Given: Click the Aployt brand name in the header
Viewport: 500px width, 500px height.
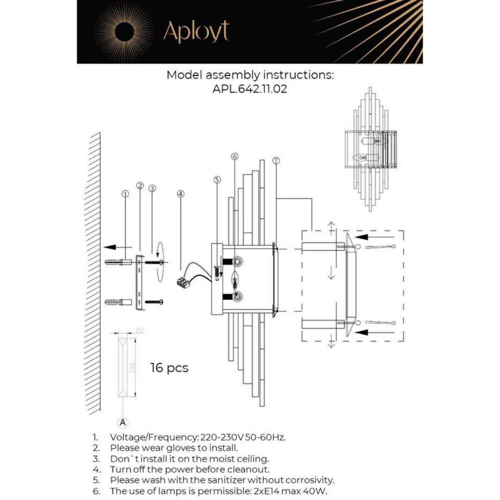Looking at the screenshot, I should tap(196, 32).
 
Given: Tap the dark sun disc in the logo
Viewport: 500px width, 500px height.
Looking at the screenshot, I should tap(124, 32).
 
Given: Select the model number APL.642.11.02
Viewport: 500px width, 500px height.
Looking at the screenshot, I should tap(250, 89).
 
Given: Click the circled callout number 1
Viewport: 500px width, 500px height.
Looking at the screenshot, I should tap(125, 194).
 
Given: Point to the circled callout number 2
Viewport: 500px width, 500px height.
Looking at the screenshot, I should tap(140, 185).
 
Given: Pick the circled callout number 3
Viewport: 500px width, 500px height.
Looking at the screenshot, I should tap(152, 188).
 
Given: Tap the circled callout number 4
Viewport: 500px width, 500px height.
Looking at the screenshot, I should tap(180, 194).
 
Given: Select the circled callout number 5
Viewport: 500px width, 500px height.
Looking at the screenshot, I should tap(217, 180).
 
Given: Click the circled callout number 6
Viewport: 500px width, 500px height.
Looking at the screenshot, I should tap(234, 156).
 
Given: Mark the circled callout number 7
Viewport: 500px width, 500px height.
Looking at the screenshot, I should tap(275, 160).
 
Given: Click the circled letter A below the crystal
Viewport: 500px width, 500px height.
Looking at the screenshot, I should tap(123, 422).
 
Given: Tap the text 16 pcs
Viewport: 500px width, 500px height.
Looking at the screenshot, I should tap(169, 368).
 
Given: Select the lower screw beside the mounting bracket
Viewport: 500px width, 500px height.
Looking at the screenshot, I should tap(154, 301).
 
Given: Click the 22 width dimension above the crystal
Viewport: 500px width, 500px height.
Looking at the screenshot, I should tap(140, 330).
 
